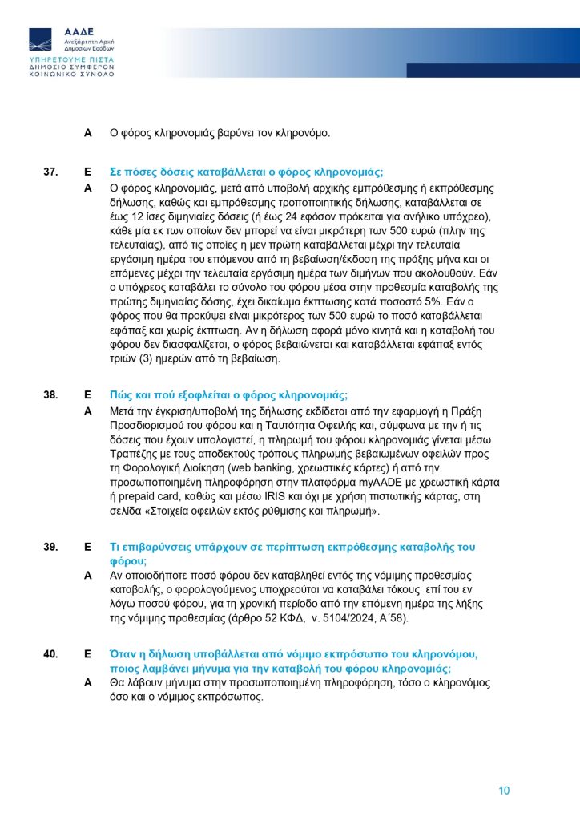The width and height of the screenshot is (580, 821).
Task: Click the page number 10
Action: tap(505, 791)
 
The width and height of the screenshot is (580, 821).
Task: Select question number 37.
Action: tap(50, 172)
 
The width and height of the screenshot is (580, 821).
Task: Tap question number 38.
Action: tap(50, 395)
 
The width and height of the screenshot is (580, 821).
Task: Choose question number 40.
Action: tap(50, 654)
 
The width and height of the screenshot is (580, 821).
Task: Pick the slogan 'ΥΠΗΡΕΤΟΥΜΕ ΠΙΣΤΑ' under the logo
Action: tap(70, 60)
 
